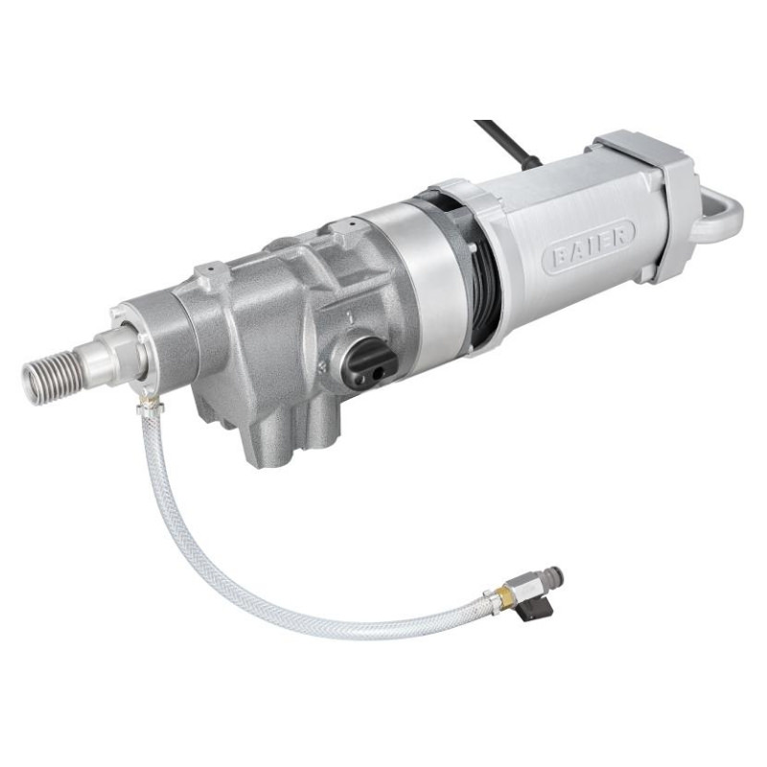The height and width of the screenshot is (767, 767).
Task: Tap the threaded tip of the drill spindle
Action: click(47, 376)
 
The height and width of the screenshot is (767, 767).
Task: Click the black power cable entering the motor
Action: click(507, 141)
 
